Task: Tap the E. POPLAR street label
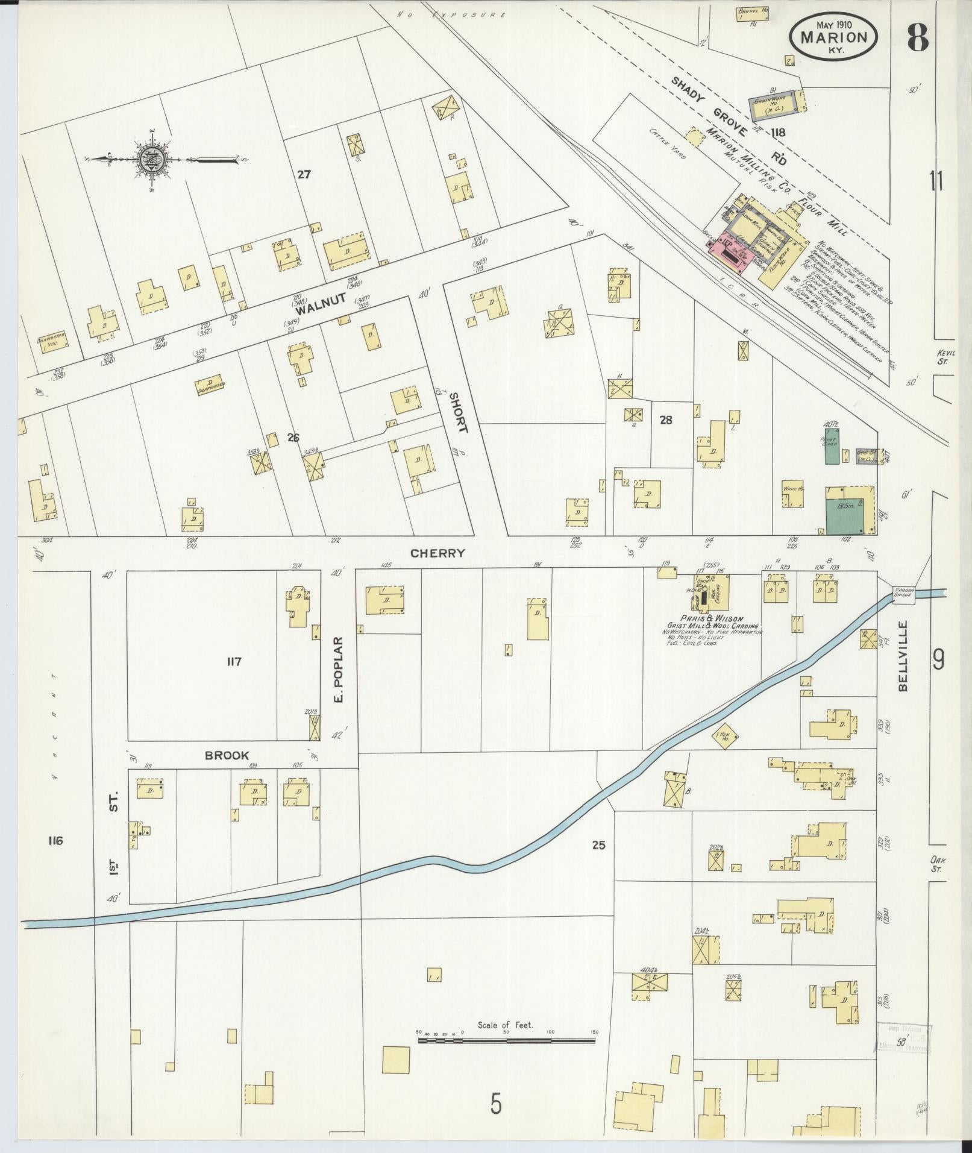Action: click(338, 669)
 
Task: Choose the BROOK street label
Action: click(227, 755)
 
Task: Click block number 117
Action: click(234, 662)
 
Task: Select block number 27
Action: click(303, 175)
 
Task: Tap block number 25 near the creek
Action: click(598, 846)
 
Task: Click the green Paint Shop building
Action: click(832, 446)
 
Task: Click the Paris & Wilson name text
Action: click(711, 618)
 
